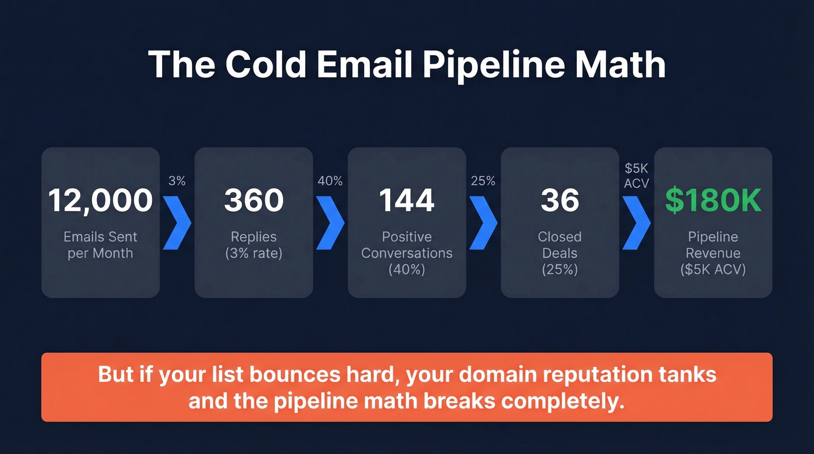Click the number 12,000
(100, 201)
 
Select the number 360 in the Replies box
(254, 201)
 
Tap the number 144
(406, 201)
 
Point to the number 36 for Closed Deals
(560, 201)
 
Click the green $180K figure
(713, 201)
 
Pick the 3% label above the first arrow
(177, 181)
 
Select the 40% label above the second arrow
(330, 181)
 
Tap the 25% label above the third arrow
(483, 181)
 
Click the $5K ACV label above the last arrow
(636, 176)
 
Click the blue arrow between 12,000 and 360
(177, 223)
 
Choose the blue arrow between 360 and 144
(330, 223)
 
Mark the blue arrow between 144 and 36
(484, 223)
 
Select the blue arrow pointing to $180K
(637, 223)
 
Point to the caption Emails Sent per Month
(100, 245)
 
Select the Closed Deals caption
(560, 245)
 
